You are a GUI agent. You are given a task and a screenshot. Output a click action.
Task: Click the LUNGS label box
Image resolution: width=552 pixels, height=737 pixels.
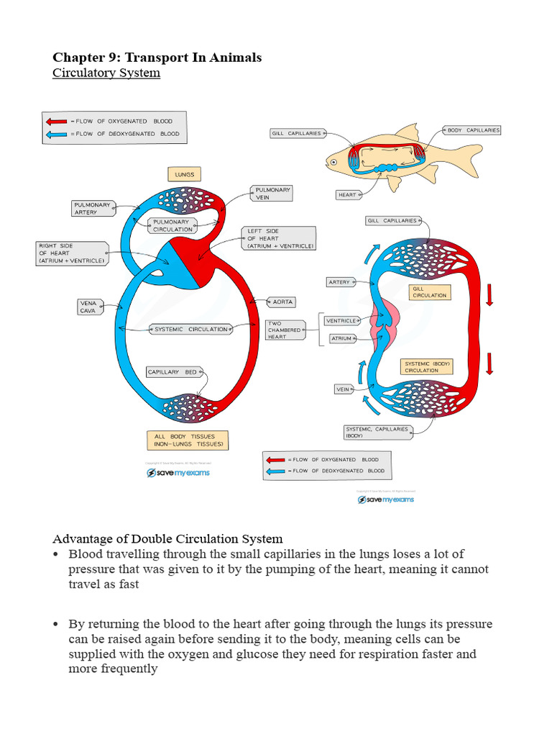(x=185, y=174)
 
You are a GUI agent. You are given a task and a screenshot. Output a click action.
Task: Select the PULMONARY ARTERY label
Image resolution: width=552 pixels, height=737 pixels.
(x=93, y=209)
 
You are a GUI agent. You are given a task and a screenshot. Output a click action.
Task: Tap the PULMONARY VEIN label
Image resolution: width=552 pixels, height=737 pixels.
(x=272, y=194)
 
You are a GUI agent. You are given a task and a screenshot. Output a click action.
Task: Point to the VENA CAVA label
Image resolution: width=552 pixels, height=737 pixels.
(x=88, y=307)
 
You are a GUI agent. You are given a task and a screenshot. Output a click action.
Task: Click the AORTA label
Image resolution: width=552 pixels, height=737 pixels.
(x=282, y=302)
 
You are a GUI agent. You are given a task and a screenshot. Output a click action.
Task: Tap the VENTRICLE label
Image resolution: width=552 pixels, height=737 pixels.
(x=342, y=321)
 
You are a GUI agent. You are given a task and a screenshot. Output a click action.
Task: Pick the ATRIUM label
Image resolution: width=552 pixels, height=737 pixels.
(x=341, y=338)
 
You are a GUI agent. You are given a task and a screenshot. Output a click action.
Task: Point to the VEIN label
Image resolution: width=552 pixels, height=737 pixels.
(x=343, y=389)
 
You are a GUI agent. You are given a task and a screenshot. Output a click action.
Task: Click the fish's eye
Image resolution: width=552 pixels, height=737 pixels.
(x=334, y=163)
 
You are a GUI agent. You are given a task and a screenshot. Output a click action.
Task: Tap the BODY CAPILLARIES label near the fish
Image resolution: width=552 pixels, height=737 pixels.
(x=472, y=130)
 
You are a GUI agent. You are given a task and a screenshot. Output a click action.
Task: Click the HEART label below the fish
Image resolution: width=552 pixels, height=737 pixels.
(x=347, y=195)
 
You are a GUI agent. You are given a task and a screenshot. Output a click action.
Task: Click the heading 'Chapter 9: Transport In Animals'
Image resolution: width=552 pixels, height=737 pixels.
(x=157, y=58)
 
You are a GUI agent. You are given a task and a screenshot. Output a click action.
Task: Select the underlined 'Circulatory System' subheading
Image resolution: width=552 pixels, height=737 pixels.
(x=106, y=73)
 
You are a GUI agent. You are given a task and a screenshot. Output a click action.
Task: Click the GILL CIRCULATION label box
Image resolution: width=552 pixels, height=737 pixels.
(x=430, y=291)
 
